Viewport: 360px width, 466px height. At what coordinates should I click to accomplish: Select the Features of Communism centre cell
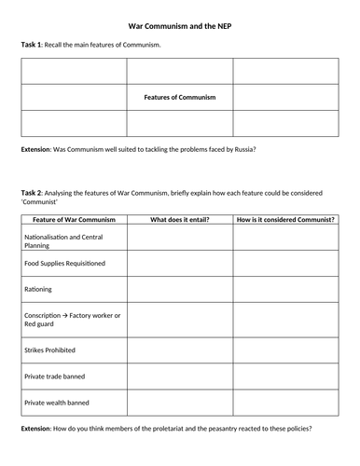coord(180,97)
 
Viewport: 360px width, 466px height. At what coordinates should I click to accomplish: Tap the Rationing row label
coord(37,290)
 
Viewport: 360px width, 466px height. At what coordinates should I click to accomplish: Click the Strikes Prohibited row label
coord(52,351)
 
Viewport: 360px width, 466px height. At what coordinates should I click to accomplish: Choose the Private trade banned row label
coord(55,377)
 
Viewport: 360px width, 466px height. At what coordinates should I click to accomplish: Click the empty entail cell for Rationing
coord(180,290)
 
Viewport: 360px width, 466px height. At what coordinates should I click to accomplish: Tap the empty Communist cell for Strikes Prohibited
coord(285,351)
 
